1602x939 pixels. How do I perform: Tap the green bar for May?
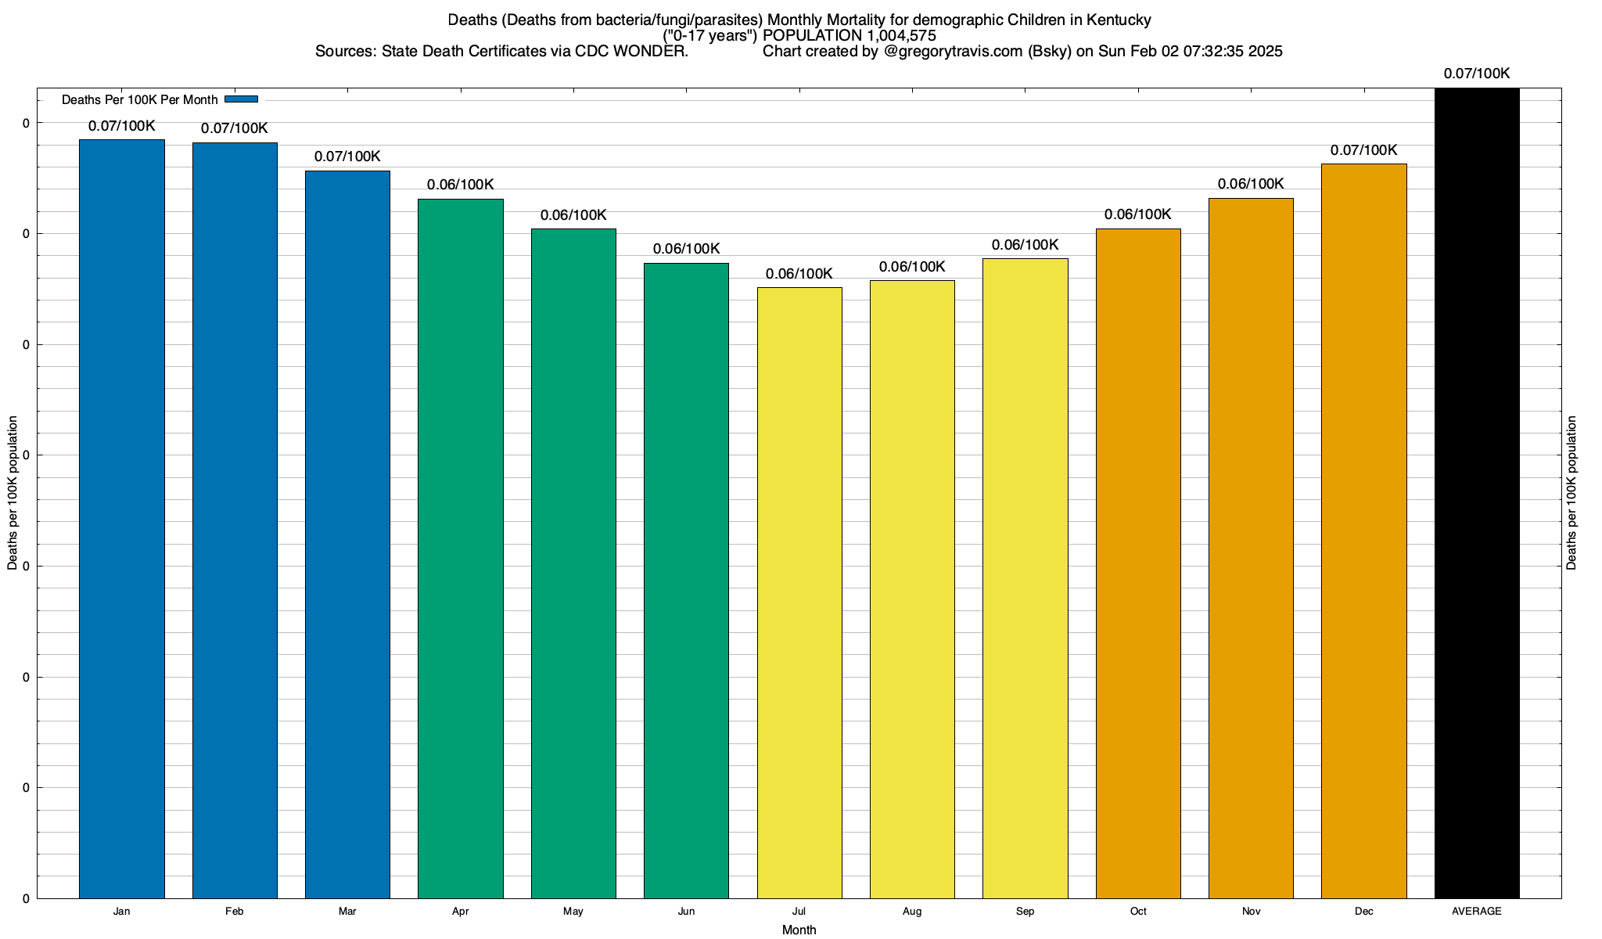pos(573,563)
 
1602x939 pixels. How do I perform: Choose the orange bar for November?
pos(1251,548)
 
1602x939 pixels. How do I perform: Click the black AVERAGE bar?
pos(1477,493)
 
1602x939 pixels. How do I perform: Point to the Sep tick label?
pos(1025,911)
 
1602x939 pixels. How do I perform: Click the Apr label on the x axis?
pos(461,911)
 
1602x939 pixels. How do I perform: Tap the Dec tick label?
pos(1364,911)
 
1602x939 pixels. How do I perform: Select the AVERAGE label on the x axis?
pos(1477,911)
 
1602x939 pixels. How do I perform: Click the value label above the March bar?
pos(347,156)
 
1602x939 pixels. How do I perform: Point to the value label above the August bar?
pos(912,267)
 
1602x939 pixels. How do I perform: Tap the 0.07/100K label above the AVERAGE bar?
pos(1477,74)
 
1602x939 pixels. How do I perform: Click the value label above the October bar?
pos(1138,214)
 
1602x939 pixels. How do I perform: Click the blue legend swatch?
pos(241,99)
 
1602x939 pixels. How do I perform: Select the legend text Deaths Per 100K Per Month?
pos(139,100)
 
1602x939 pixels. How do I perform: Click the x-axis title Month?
pos(799,930)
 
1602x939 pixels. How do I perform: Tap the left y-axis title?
pos(13,493)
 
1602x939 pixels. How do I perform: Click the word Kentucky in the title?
pos(1117,20)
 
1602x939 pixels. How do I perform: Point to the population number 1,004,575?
pos(889,35)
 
